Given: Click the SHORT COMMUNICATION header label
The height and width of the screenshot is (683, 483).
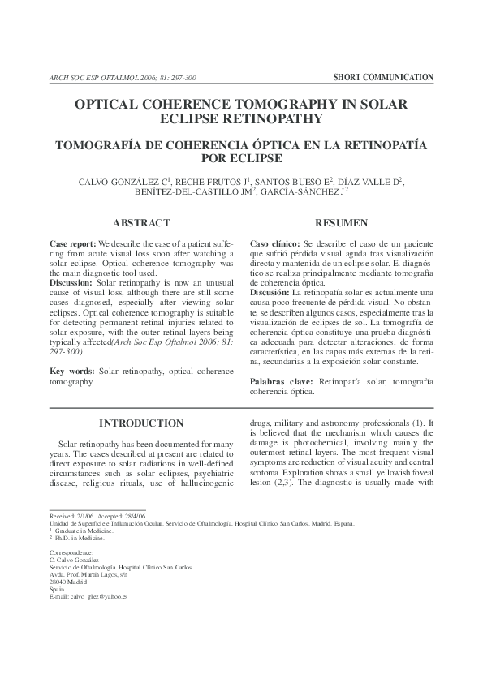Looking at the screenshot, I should pyautogui.click(x=383, y=78).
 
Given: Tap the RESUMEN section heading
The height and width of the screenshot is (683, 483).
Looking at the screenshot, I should pyautogui.click(x=342, y=223).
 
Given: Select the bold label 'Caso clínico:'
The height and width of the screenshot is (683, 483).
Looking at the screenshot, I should pyautogui.click(x=275, y=244).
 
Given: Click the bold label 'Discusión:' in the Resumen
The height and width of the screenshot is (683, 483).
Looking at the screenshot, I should pyautogui.click(x=273, y=292).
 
